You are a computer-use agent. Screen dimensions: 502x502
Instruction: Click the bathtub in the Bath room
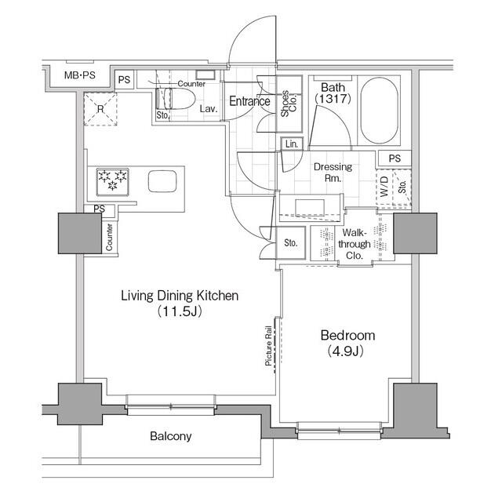tap(380, 111)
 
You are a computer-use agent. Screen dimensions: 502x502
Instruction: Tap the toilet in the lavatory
tap(175, 99)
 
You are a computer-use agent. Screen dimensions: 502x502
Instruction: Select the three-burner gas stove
tap(113, 182)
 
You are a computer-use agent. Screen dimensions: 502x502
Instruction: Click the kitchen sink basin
tap(162, 181)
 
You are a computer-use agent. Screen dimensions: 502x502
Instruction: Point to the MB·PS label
tap(80, 75)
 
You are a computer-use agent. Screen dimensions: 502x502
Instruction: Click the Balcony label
tap(171, 436)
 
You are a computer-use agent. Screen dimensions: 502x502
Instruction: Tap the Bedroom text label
tap(347, 336)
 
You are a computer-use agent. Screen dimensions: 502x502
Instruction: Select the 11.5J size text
tap(180, 311)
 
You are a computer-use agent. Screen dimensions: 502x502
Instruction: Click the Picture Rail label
tap(268, 346)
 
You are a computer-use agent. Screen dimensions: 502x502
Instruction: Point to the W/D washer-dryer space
tap(384, 187)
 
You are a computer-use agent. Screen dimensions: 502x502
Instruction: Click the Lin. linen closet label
tap(291, 144)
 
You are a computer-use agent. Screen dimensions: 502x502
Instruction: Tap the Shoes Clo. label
tap(289, 104)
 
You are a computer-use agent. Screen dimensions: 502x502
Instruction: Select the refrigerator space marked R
tap(100, 109)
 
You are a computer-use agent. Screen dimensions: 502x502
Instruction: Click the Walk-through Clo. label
tap(355, 244)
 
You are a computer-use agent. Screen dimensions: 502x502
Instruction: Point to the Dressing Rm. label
tap(333, 173)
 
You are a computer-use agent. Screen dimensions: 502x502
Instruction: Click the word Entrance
tap(249, 101)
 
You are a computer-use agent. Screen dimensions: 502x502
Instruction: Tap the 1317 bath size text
tap(333, 99)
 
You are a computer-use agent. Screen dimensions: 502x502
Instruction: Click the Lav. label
tap(209, 109)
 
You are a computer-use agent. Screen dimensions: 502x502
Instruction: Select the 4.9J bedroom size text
tap(346, 351)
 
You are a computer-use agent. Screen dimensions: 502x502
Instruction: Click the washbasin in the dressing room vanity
tap(310, 207)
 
